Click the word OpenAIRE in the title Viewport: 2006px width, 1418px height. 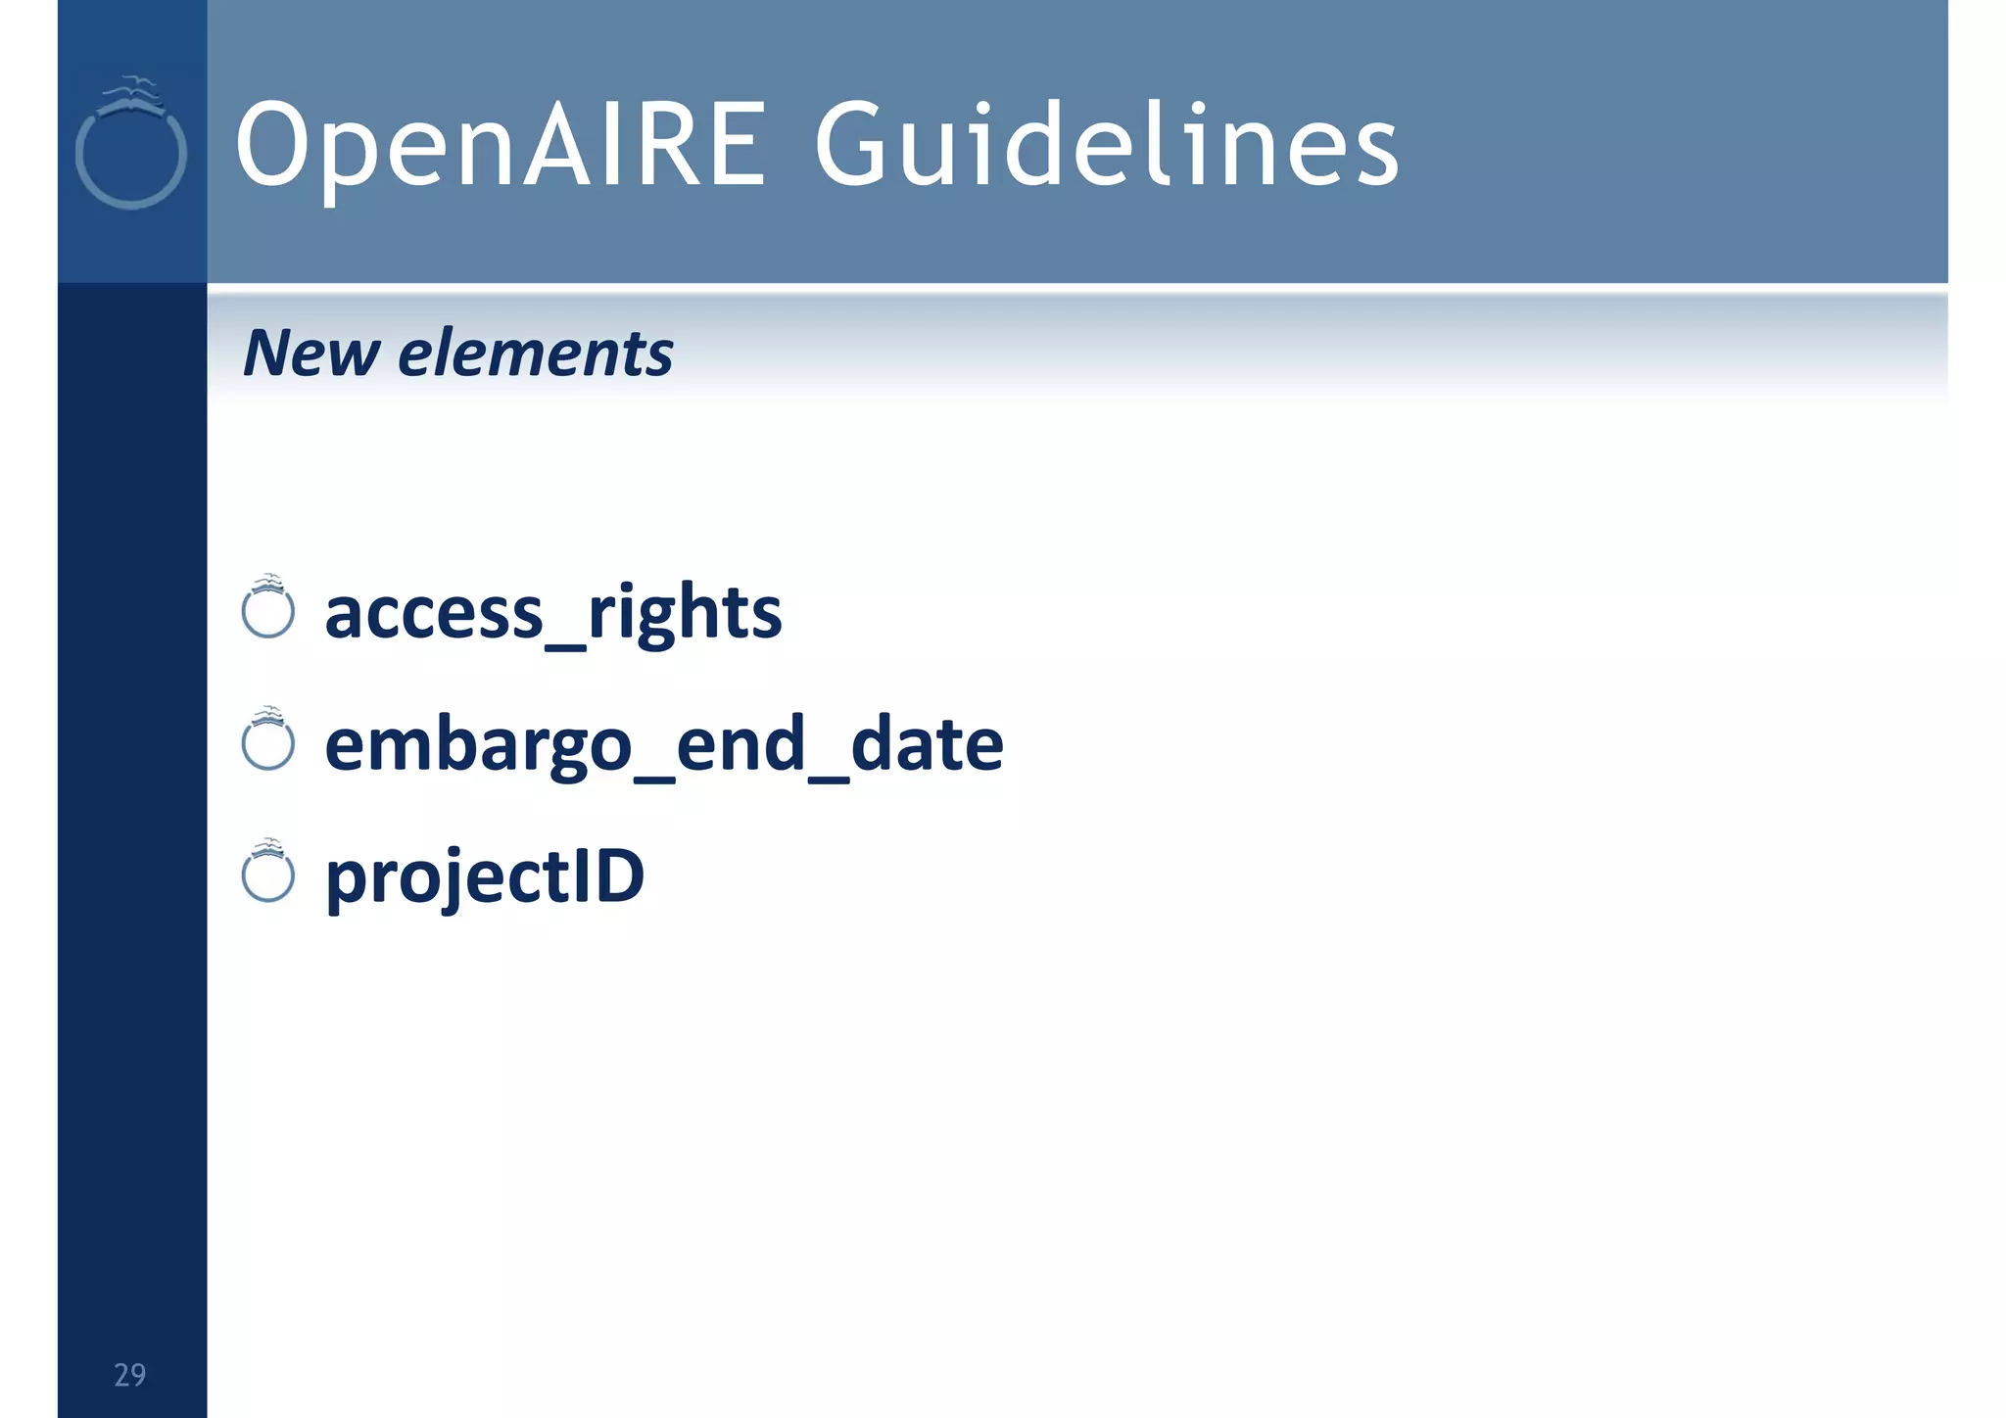(500, 145)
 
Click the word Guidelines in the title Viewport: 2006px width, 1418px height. (1107, 145)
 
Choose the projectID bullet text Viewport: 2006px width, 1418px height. (484, 876)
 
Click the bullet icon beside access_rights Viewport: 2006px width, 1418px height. (267, 610)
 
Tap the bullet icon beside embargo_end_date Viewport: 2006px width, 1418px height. (267, 742)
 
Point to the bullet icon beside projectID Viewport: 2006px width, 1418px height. (267, 874)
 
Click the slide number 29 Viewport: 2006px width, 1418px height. (129, 1375)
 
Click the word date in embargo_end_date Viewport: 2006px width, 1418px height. (927, 744)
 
